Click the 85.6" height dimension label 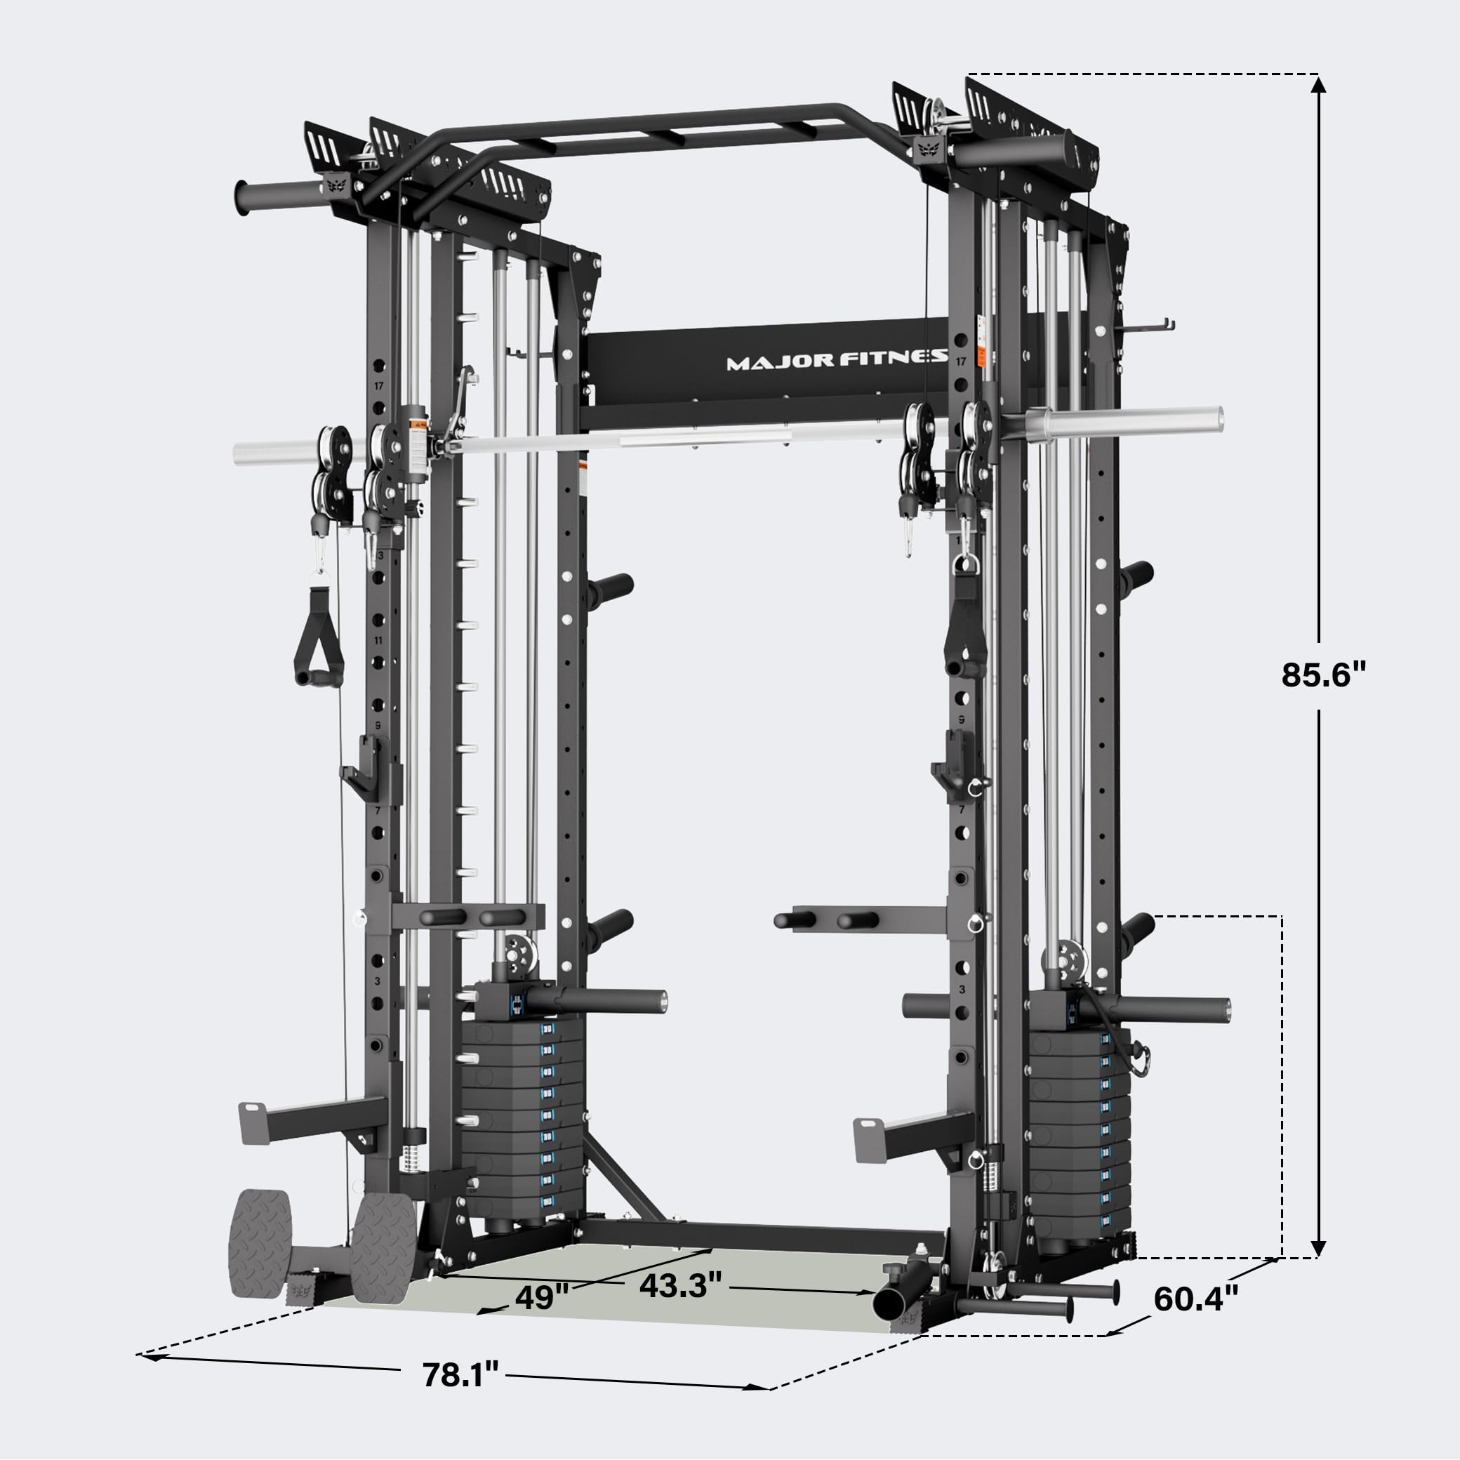point(1324,675)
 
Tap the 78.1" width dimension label point(460,1374)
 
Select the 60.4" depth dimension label point(1196,1299)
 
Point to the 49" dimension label point(541,1298)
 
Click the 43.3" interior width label point(680,1285)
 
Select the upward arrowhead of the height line point(1319,85)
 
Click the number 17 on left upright point(378,385)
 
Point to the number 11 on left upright point(378,640)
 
